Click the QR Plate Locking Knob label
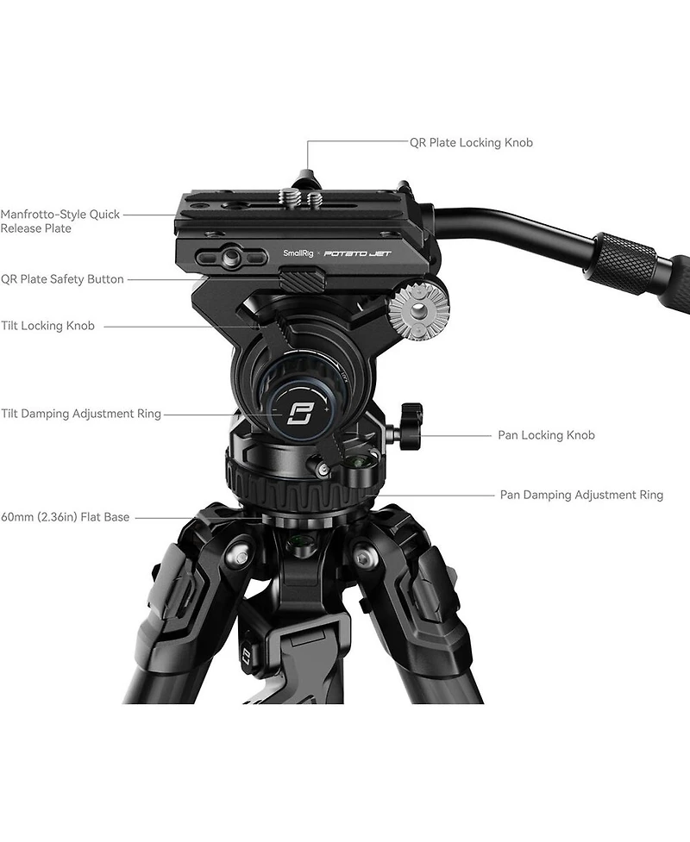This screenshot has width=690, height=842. pyautogui.click(x=471, y=142)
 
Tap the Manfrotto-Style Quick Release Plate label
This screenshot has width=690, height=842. pyautogui.click(x=60, y=221)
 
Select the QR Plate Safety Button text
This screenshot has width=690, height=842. pyautogui.click(x=62, y=279)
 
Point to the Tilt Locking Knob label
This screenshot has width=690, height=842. pyautogui.click(x=47, y=326)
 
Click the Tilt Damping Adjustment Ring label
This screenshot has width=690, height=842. pyautogui.click(x=81, y=414)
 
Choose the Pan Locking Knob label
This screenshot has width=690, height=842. pyautogui.click(x=546, y=435)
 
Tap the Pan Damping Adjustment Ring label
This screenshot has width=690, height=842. pyautogui.click(x=581, y=495)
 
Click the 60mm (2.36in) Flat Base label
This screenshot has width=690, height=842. pyautogui.click(x=65, y=517)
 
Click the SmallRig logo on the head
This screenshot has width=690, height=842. pyautogui.click(x=298, y=253)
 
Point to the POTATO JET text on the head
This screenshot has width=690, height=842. pyautogui.click(x=355, y=253)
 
